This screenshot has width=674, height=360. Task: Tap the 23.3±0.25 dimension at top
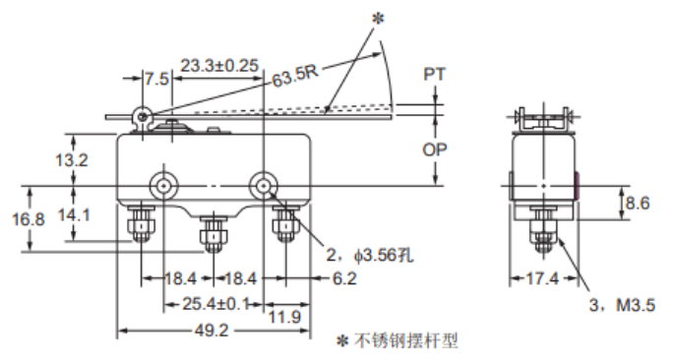pos(219,65)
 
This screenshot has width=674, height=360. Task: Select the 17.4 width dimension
pos(541,278)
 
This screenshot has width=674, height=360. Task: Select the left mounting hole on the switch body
pos(160,185)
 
